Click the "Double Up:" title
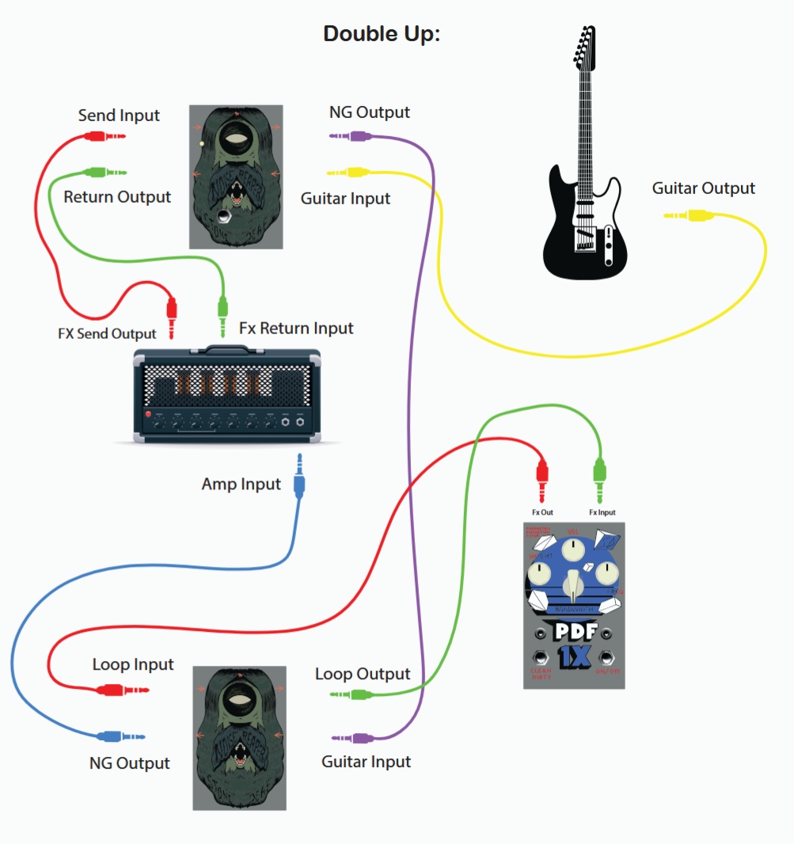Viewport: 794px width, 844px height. [382, 34]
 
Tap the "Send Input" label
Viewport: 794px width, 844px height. [119, 116]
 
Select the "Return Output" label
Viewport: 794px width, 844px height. [117, 196]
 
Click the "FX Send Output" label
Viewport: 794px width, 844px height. [107, 333]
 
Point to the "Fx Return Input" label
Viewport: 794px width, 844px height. [296, 328]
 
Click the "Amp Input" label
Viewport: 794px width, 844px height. [241, 484]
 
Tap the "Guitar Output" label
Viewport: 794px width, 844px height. [704, 188]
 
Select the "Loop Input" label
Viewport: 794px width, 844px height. [133, 664]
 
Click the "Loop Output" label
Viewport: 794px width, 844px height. [363, 674]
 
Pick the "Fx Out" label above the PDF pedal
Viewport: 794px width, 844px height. [542, 512]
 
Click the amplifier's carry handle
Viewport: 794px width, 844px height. [227, 349]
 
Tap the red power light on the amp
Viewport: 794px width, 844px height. [147, 415]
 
